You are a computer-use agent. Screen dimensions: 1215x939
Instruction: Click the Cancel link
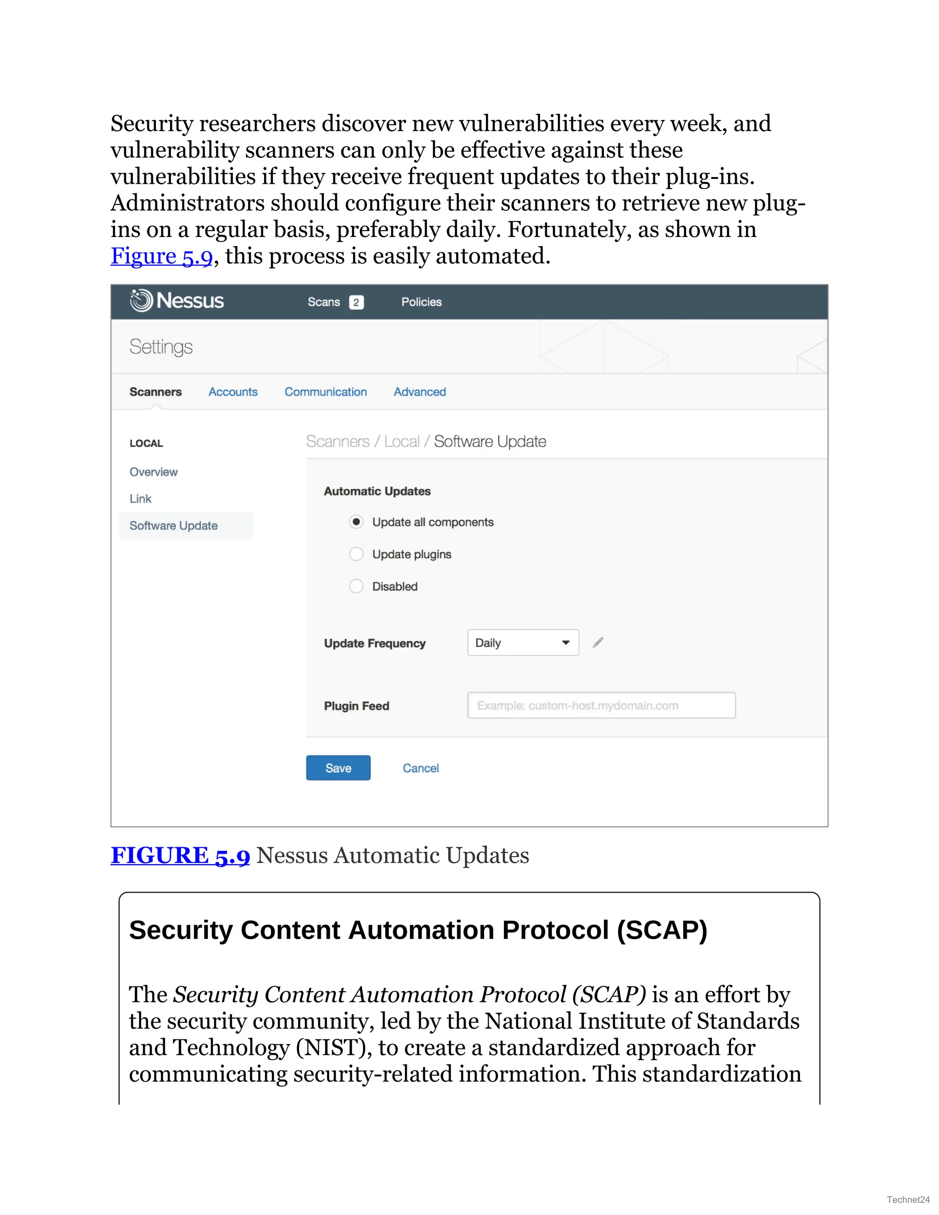[420, 768]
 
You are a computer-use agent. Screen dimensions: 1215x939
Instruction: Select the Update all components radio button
[356, 522]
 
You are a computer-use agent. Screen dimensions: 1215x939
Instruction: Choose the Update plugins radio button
[356, 554]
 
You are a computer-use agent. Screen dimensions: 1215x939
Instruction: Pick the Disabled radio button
[356, 586]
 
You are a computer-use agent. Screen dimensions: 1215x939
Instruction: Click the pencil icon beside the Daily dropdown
[598, 642]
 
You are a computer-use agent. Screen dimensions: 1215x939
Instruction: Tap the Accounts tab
[233, 392]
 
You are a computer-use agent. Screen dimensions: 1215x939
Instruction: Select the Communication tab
[326, 392]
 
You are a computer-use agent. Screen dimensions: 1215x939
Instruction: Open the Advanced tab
[420, 392]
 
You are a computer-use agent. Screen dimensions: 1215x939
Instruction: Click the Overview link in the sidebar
[154, 472]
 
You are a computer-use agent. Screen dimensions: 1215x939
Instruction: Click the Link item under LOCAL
[140, 498]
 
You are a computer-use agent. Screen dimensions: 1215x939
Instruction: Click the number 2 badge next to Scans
[356, 302]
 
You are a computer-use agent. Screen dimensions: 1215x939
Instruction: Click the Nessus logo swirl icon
[141, 300]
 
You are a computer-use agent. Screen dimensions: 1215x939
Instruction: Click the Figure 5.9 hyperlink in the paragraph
[161, 256]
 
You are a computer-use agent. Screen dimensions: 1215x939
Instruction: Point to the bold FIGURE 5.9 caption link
[180, 856]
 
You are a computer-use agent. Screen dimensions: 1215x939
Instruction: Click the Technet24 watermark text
[908, 1199]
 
